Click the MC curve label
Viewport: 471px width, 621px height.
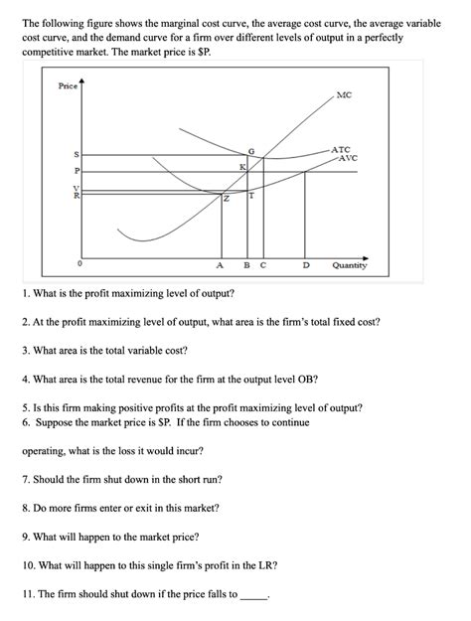344,95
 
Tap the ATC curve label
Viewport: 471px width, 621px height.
340,149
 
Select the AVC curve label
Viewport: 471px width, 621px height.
347,158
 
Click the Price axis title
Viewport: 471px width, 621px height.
68,86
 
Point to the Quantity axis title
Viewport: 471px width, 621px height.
349,265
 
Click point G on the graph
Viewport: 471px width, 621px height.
251,150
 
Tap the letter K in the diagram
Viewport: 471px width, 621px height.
241,167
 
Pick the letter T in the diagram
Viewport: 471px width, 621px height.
251,195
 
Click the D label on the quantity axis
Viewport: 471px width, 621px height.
306,265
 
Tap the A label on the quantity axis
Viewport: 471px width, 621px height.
220,265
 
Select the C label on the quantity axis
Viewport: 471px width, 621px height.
262,265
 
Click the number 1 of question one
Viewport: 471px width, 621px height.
24,294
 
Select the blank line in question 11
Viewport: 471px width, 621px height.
253,596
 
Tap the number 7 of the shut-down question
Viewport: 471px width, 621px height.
25,479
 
